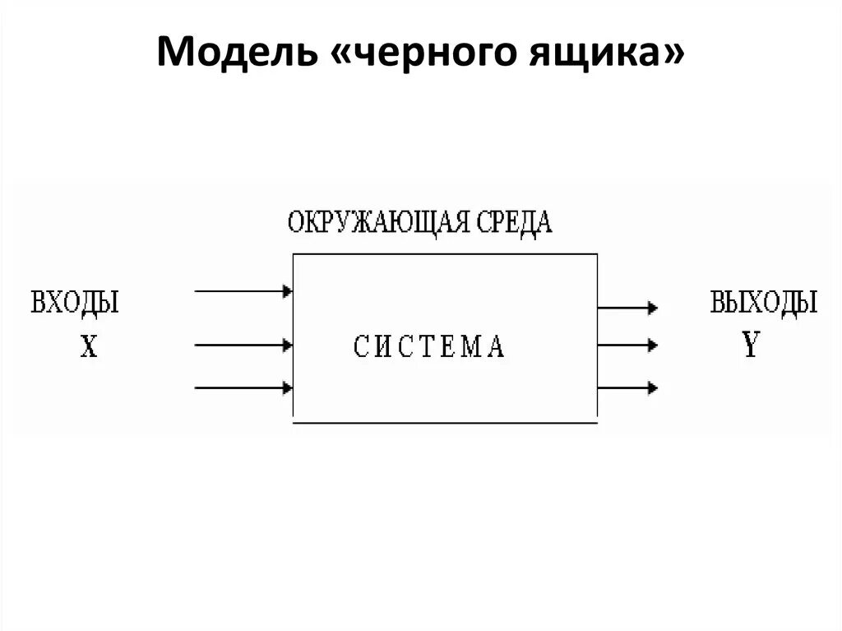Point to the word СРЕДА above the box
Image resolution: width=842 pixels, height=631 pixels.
point(515,224)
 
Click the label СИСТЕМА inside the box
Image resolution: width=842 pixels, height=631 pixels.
point(429,346)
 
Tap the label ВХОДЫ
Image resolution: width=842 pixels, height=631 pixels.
point(75,303)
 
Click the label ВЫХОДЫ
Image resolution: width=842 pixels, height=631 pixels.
point(764,303)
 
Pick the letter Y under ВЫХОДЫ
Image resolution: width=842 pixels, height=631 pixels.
point(750,346)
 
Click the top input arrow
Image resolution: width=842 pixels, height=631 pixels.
point(243,290)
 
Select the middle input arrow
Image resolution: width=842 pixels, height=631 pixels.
point(243,345)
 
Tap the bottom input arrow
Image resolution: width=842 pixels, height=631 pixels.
point(243,387)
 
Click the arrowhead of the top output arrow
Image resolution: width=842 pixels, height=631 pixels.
point(652,308)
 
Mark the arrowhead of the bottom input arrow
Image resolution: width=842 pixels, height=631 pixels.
point(288,387)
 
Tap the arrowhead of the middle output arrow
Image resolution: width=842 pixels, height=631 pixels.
point(652,344)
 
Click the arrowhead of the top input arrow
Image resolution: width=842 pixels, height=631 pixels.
point(288,290)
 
